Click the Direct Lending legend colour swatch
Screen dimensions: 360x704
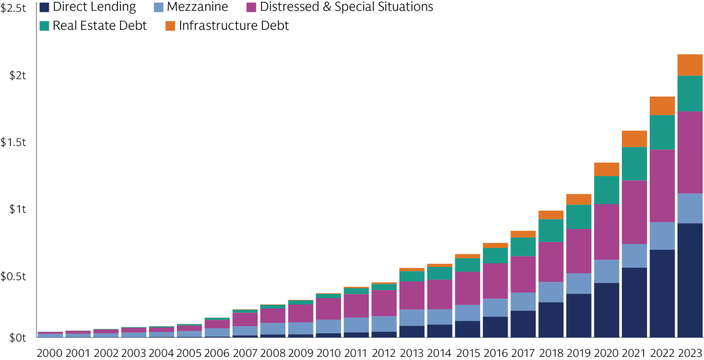pyautogui.click(x=44, y=7)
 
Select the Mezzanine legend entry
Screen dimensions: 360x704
pyautogui.click(x=197, y=7)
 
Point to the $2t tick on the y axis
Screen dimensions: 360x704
pyautogui.click(x=18, y=76)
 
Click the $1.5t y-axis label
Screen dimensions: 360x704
pyautogui.click(x=14, y=143)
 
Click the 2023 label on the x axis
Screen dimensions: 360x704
pyautogui.click(x=690, y=354)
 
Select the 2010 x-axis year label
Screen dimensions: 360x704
pyautogui.click(x=328, y=354)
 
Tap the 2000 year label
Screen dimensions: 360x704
pyautogui.click(x=50, y=354)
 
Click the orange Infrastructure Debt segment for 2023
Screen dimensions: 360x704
pyautogui.click(x=690, y=65)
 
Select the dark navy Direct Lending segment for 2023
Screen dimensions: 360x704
pyautogui.click(x=690, y=280)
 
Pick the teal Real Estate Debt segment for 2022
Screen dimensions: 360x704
pyautogui.click(x=662, y=132)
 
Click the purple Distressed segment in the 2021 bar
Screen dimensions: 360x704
pyautogui.click(x=634, y=212)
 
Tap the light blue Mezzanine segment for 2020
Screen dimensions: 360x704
pyautogui.click(x=606, y=271)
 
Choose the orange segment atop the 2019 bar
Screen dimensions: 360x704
pyautogui.click(x=578, y=199)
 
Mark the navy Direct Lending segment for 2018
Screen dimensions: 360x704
pyautogui.click(x=550, y=320)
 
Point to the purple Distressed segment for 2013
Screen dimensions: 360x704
pyautogui.click(x=412, y=295)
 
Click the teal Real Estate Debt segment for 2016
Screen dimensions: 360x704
pyautogui.click(x=495, y=255)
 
